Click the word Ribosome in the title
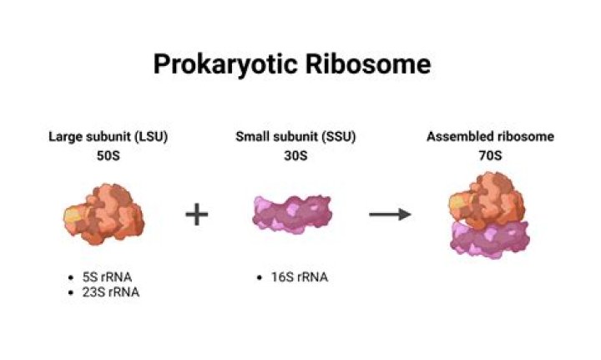click(375, 64)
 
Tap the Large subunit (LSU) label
click(108, 137)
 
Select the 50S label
click(108, 155)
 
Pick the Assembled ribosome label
click(489, 137)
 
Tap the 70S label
click(489, 155)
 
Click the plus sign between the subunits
click(196, 215)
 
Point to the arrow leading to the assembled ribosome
click(390, 215)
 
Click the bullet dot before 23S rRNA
click(74, 292)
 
